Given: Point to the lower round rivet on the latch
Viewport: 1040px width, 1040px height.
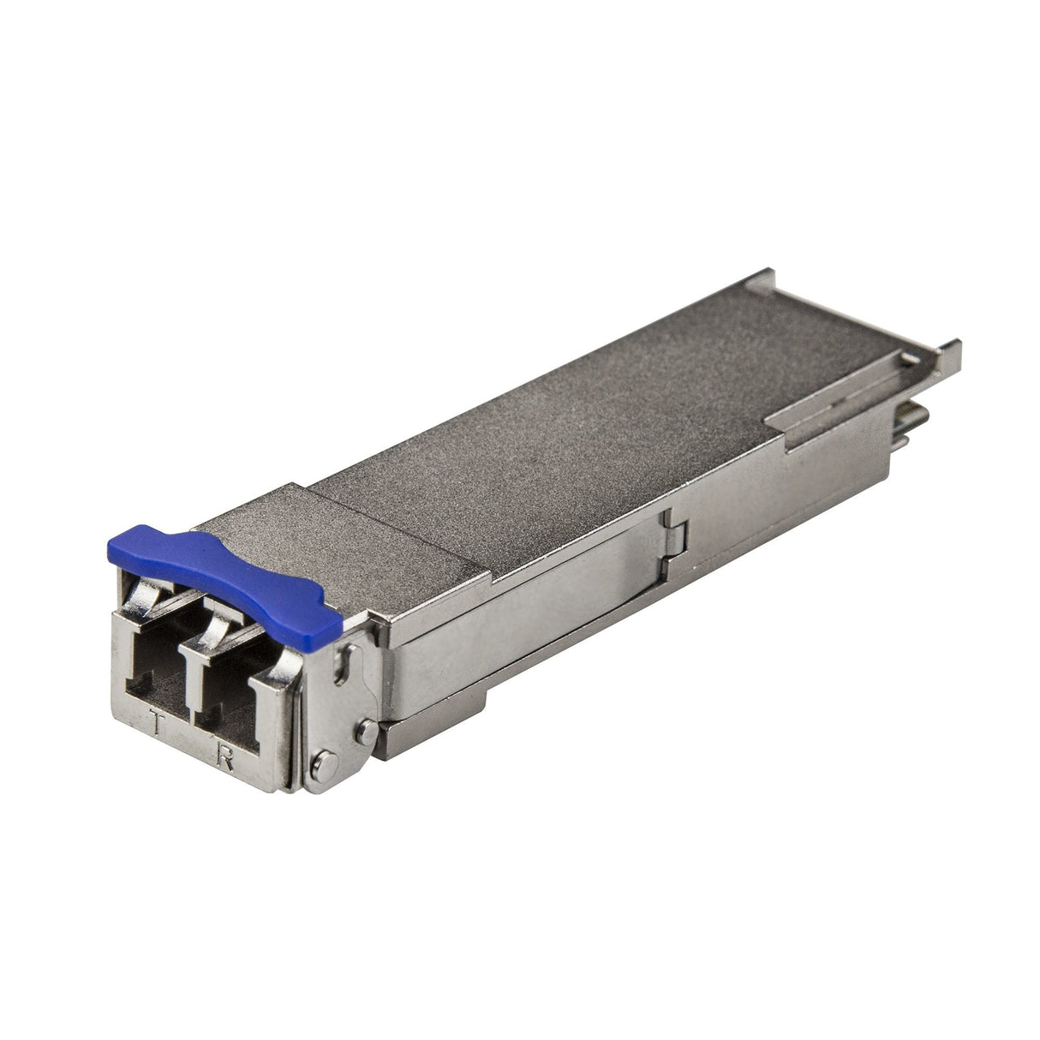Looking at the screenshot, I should point(324,760).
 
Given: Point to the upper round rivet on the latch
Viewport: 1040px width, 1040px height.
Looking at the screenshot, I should point(366,732).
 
